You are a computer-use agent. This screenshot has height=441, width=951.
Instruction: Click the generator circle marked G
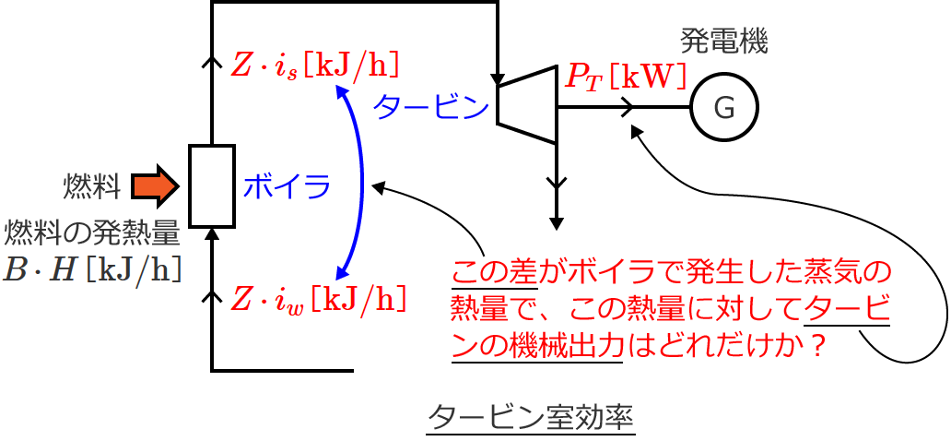tap(725, 108)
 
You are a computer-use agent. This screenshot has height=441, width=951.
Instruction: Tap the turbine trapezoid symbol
tap(527, 103)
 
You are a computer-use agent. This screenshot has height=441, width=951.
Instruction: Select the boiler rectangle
tap(212, 185)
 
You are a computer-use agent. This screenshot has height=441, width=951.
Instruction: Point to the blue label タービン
tap(430, 108)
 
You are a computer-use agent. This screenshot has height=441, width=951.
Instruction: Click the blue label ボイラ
tap(287, 186)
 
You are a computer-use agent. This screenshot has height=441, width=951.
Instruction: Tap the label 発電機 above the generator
tap(724, 40)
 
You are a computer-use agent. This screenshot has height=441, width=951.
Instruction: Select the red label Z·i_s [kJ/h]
tap(315, 66)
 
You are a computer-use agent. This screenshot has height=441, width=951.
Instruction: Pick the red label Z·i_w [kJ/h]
tap(317, 299)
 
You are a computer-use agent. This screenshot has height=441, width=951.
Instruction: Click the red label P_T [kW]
tap(626, 77)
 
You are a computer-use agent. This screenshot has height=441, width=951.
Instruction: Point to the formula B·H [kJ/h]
tap(90, 268)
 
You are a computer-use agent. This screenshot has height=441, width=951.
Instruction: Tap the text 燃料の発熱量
tap(92, 231)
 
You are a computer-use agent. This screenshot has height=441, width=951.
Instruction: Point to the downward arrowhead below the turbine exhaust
tap(556, 222)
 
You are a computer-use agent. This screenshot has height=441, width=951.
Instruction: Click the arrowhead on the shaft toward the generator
tap(629, 108)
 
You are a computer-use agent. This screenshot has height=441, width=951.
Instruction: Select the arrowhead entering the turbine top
tap(498, 78)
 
